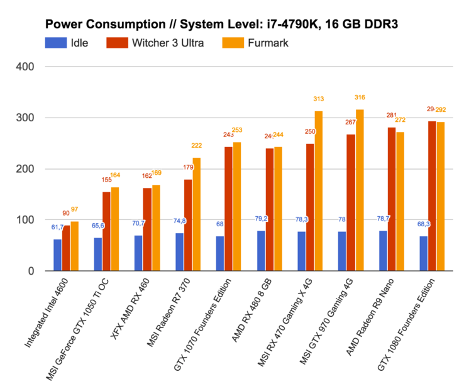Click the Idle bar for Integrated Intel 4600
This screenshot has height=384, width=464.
point(58,255)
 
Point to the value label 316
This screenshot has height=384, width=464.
point(360,97)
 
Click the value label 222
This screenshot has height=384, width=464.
point(197,145)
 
